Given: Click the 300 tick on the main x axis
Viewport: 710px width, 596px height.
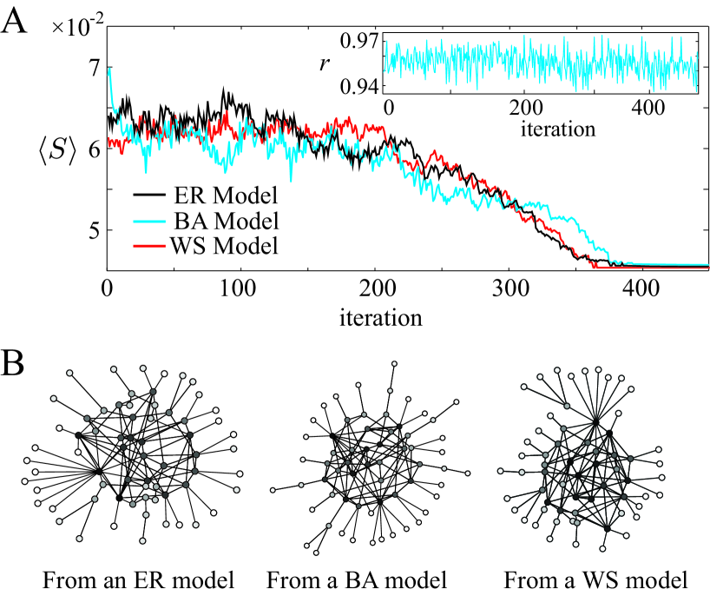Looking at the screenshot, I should coord(509,287).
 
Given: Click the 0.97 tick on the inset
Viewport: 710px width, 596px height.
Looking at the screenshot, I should coord(360,38).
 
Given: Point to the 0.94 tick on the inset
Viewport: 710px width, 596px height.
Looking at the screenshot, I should coord(360,86).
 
